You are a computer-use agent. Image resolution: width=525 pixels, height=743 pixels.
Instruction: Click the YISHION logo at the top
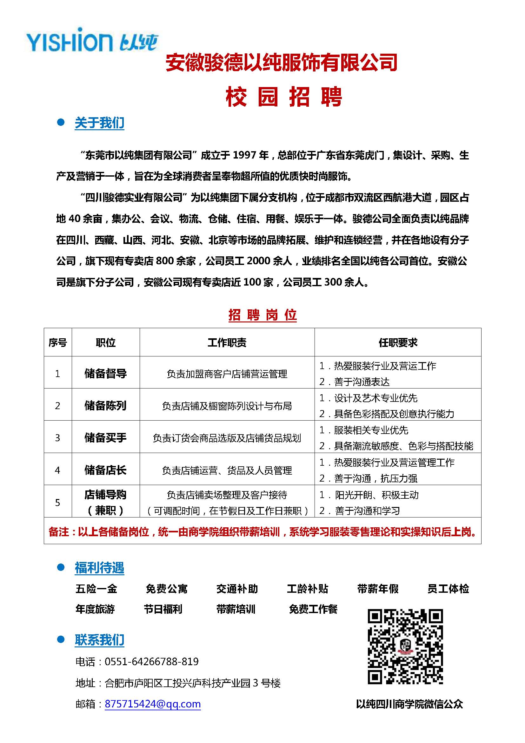(92, 41)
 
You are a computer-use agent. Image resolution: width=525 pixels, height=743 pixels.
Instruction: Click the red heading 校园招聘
(283, 97)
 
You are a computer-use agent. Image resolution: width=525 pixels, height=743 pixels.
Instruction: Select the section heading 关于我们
(99, 123)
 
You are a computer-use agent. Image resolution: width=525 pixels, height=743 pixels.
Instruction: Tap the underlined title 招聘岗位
(262, 315)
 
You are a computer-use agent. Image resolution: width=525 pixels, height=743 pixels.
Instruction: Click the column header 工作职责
(227, 342)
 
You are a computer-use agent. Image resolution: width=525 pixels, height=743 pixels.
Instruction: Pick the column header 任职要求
(398, 342)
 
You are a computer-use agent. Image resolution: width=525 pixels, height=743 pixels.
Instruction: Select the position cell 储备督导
(105, 374)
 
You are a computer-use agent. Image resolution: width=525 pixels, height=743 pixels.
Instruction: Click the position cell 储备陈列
(105, 405)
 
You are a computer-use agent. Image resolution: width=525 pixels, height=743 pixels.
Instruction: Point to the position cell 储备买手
(105, 437)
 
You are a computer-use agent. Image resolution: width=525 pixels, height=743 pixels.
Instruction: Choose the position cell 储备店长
(105, 470)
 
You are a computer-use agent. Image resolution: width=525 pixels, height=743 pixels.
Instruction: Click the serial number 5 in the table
(57, 503)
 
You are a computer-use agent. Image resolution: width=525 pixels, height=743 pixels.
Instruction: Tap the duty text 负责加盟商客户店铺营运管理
(227, 374)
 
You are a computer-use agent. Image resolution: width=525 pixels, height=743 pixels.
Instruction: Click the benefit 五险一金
(96, 588)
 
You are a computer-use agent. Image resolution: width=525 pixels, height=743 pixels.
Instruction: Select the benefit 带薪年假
(378, 588)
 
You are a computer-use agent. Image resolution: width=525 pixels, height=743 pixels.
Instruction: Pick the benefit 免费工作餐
(313, 609)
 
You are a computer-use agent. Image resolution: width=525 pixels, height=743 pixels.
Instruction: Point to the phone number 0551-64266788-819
(152, 661)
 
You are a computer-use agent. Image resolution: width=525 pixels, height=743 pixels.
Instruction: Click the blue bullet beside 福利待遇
(60, 567)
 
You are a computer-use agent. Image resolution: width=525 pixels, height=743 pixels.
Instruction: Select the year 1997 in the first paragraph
(245, 155)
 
